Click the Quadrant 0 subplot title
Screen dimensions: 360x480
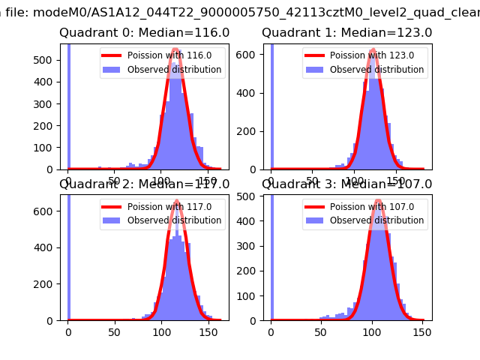point(144,33)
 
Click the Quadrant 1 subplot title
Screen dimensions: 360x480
point(346,33)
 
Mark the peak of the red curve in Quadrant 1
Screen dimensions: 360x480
point(373,50)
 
